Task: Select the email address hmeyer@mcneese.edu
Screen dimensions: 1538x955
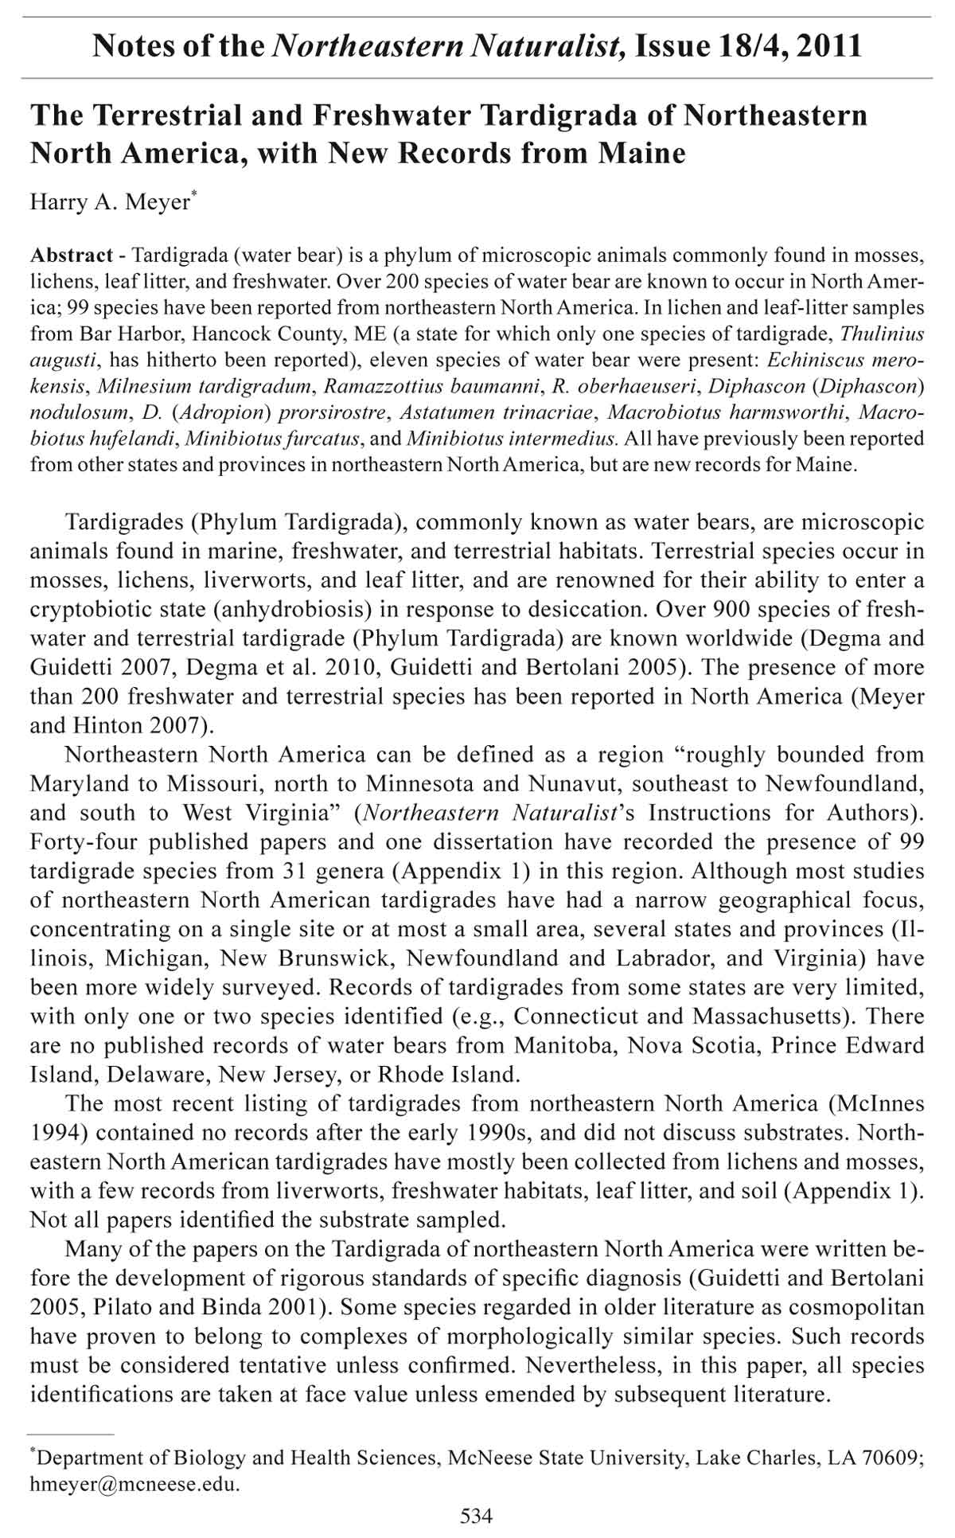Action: [134, 1484]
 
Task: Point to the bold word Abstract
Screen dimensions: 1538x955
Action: [72, 256]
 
